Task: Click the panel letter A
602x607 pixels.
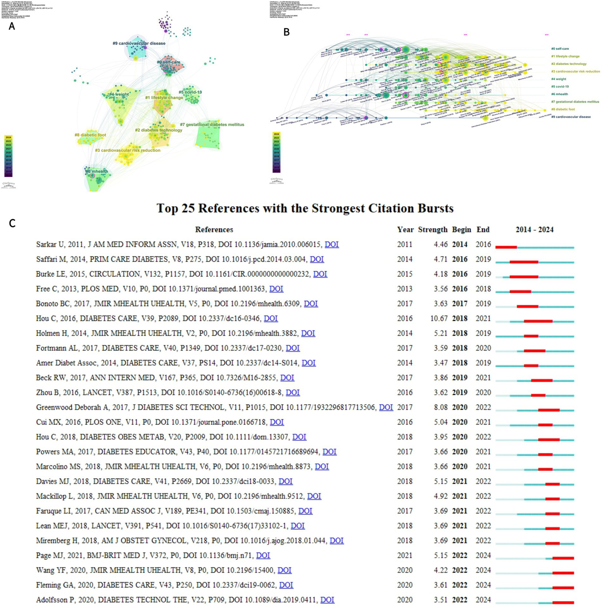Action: coord(12,26)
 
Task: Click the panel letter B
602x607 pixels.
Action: coord(286,32)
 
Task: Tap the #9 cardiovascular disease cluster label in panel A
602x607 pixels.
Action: coord(139,44)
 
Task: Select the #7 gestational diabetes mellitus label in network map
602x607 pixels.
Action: coord(212,125)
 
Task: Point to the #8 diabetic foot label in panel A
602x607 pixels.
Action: coord(90,135)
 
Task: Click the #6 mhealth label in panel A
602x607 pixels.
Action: coord(96,171)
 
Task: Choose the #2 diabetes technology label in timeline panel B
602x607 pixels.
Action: coord(569,64)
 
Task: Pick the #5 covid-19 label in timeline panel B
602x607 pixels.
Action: coord(560,87)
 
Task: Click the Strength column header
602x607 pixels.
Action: coord(433,230)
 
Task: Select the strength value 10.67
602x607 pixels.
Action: coord(438,318)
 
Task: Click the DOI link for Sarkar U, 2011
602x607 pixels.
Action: coord(331,244)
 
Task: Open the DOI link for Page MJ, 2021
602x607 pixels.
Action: coord(263,555)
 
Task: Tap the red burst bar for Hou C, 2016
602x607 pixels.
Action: coord(538,321)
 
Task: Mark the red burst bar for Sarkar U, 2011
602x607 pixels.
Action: coord(506,247)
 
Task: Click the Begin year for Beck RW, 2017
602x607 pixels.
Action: coord(460,378)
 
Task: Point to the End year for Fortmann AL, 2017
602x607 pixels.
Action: coord(483,348)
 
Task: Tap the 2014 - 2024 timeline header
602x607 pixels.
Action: coord(534,230)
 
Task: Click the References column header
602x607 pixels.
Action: coord(214,230)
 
